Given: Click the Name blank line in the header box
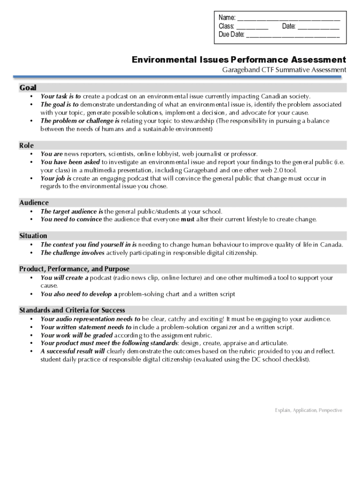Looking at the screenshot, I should coord(288,20).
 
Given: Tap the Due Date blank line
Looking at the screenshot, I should coord(293,36).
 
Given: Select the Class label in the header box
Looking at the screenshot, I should coord(226,26).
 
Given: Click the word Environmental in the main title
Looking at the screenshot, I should coord(162,60).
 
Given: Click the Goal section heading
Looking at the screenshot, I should coord(28,87).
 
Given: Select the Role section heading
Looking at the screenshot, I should coord(26,145).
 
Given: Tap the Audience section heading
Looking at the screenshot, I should coord(34,203).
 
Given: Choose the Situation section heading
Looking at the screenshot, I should coord(33,236).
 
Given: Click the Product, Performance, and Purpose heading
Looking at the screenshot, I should coord(74,269).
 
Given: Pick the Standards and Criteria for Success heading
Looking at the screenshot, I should coord(72,310).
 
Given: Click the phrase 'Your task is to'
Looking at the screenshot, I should coord(61,96).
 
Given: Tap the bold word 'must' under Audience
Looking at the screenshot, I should coord(187,219).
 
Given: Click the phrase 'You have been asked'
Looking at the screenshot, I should coord(70,162).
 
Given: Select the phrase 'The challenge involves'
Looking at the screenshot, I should coord(72,253).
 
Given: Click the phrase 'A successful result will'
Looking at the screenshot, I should coord(72,351).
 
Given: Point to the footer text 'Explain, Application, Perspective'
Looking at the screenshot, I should coord(309,410).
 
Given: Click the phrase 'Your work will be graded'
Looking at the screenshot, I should coord(77,335).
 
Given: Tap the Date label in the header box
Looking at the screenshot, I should coord(288,26).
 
